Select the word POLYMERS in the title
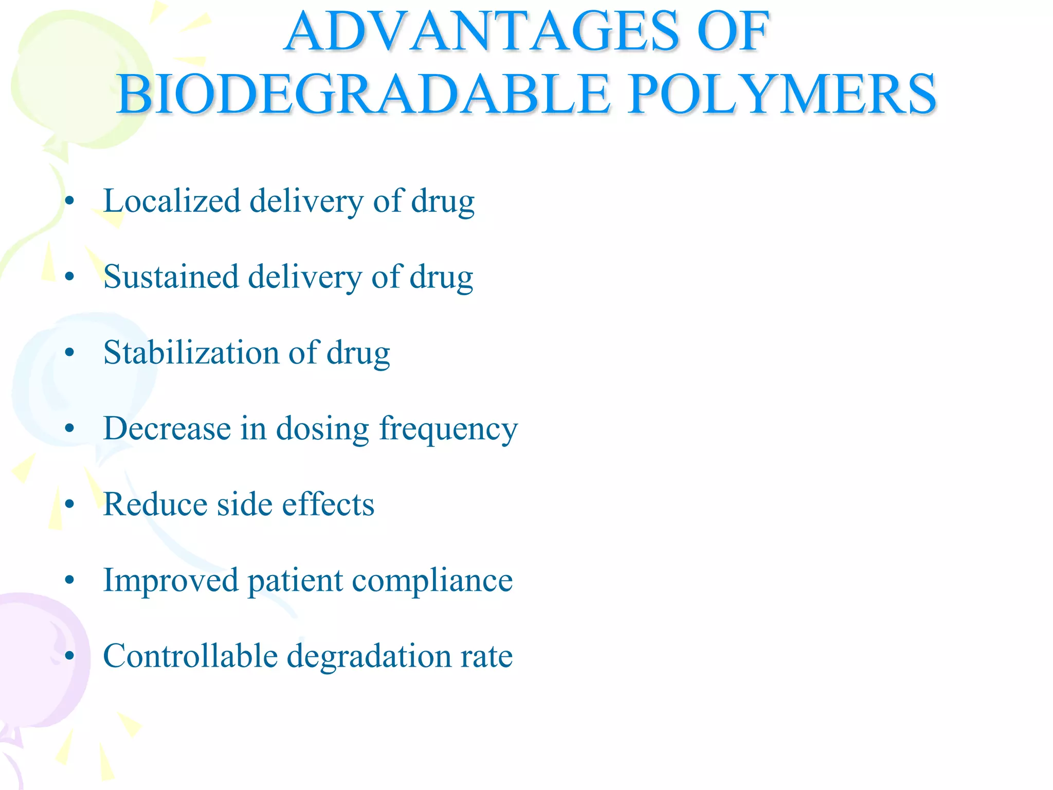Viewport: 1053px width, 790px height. [x=782, y=95]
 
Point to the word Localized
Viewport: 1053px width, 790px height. [x=172, y=201]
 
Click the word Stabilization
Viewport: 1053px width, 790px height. [x=191, y=353]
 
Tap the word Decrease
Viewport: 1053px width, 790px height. [x=167, y=428]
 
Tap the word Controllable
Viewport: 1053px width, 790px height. [x=190, y=656]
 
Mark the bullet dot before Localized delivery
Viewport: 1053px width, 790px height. [x=70, y=201]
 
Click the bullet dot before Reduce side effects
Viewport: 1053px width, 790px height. [x=70, y=505]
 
